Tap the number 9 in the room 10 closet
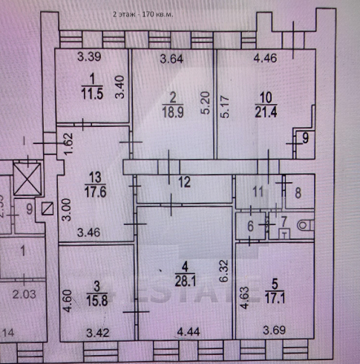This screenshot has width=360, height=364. coord(302,137)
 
